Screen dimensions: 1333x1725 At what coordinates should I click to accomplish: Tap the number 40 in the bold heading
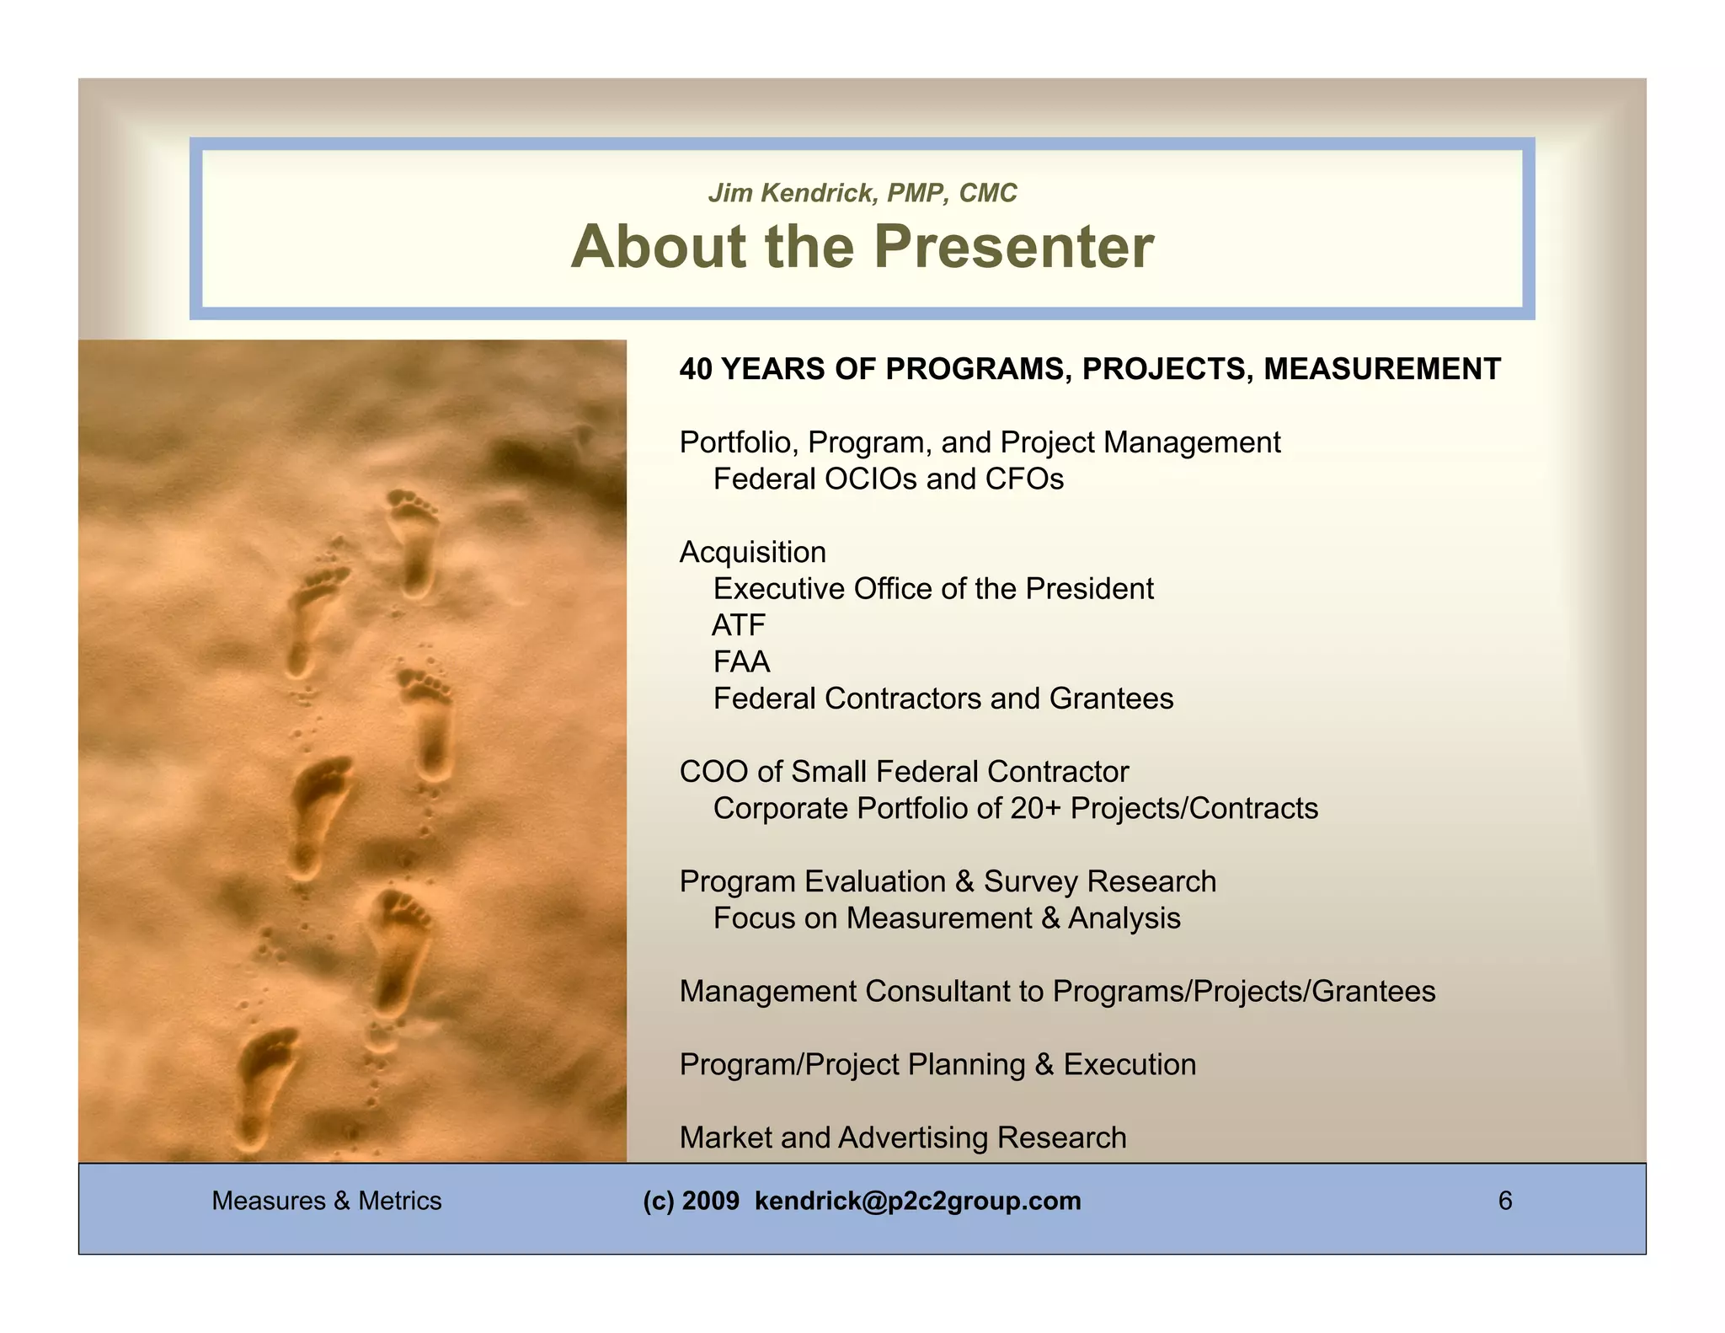coord(696,369)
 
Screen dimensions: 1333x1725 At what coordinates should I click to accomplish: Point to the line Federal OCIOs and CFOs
coord(888,479)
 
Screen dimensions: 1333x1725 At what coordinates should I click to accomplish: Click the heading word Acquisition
coord(752,553)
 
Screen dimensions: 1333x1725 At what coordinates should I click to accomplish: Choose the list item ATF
coord(739,625)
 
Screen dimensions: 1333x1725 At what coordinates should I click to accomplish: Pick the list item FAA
coord(741,662)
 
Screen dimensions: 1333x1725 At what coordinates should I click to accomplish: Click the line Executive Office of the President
coord(932,589)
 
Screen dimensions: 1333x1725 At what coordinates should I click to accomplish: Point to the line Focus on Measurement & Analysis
coord(946,918)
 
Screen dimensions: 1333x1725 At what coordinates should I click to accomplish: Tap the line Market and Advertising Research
coord(902,1138)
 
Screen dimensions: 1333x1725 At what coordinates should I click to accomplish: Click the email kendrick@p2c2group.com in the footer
coord(917,1201)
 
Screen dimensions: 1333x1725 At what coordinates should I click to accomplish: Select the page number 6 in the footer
coord(1504,1201)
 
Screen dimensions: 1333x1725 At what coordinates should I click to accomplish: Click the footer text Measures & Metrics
coord(326,1201)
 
